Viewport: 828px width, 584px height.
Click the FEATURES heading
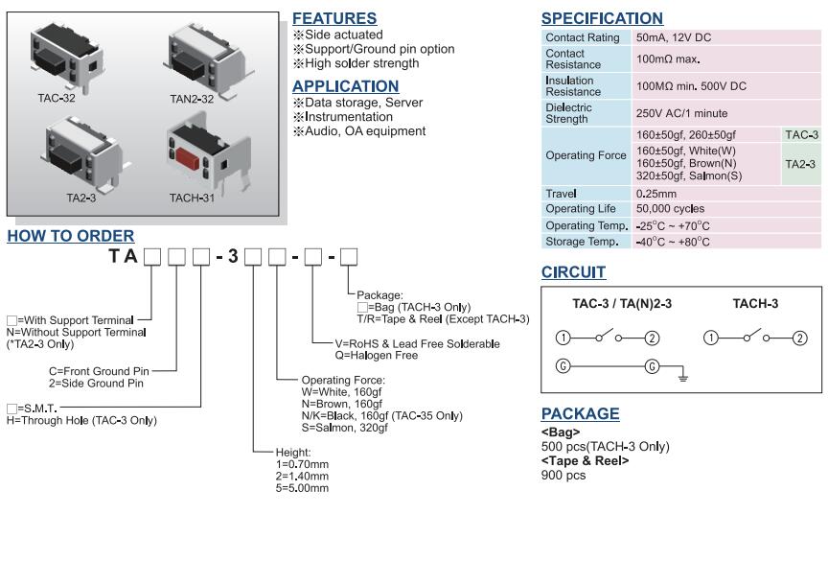click(333, 18)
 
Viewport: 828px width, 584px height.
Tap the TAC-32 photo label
click(57, 98)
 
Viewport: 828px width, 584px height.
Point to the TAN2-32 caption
click(192, 98)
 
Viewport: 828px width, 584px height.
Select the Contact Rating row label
click(582, 37)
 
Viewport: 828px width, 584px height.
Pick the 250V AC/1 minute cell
click(681, 113)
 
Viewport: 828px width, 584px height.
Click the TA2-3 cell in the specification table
click(800, 164)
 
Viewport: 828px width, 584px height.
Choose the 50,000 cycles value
click(670, 208)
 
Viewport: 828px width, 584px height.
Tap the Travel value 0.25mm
click(656, 194)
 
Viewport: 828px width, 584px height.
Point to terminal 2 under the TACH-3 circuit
click(800, 338)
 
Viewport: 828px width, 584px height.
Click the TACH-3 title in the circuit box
click(755, 304)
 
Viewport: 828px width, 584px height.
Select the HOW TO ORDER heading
click(71, 236)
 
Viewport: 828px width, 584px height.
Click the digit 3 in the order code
click(232, 257)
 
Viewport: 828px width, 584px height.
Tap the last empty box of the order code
click(349, 256)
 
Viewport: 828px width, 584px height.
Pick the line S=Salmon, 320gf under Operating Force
click(345, 428)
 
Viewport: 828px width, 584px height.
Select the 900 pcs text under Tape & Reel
click(563, 475)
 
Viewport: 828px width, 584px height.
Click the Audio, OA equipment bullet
click(364, 131)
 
